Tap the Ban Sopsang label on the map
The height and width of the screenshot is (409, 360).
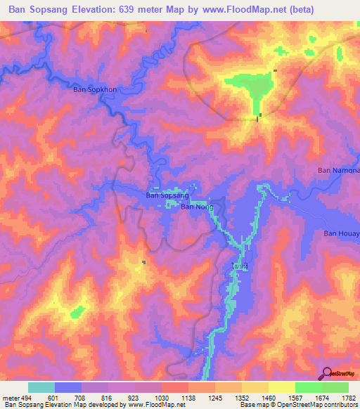(166, 196)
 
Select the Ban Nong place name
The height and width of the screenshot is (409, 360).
(197, 207)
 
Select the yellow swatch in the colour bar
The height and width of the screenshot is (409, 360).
(282, 387)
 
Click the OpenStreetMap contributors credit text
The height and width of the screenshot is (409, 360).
(317, 405)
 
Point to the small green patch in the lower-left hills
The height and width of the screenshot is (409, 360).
(77, 310)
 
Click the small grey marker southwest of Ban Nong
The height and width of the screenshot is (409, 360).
(144, 263)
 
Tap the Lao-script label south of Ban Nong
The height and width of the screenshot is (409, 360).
(240, 266)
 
